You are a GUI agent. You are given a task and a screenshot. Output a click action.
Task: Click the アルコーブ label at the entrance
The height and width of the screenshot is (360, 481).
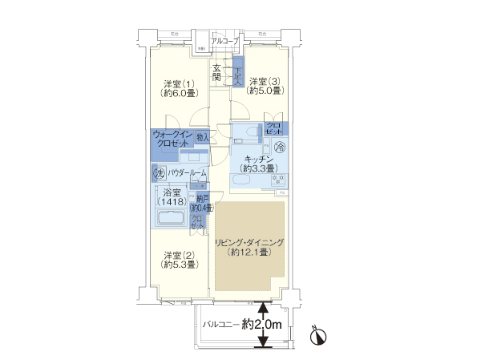point(224,40)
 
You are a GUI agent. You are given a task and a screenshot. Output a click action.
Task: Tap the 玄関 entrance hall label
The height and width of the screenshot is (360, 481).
point(217,73)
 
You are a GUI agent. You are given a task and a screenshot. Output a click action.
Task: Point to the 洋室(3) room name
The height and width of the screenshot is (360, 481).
point(265,81)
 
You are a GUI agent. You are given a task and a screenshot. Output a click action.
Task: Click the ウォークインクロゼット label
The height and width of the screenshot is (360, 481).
point(173,140)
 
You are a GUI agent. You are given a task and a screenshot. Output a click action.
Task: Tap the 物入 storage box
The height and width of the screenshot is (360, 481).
point(202,138)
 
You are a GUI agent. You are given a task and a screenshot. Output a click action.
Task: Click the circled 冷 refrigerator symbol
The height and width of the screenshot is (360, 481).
point(280,146)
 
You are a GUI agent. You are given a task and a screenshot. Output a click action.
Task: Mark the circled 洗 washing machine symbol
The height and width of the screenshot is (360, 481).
point(159,172)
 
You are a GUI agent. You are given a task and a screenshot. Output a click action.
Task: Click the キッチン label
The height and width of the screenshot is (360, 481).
point(259,159)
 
